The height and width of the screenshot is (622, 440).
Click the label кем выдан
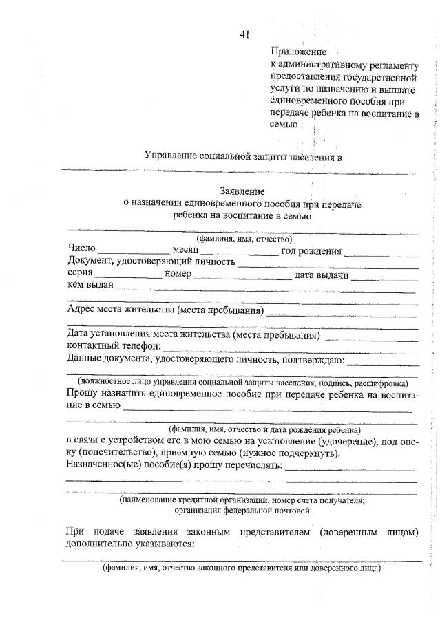coord(90,286)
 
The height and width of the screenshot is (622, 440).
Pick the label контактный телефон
coord(114,346)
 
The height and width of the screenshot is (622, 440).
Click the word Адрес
coord(83,310)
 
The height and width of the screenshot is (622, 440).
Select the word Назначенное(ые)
coord(103,466)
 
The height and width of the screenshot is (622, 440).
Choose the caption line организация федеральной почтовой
coord(242,511)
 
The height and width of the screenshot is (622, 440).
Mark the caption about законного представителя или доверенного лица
coord(242,569)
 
